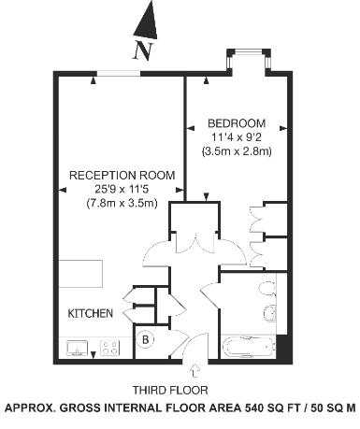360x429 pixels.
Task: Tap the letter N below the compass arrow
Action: [141, 51]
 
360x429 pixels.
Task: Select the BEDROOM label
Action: [237, 123]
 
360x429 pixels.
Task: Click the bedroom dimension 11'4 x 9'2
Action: [237, 137]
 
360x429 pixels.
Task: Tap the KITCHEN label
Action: [91, 313]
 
